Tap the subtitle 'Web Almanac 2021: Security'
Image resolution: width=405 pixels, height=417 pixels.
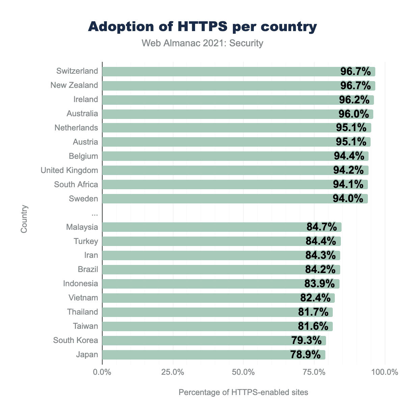pyautogui.click(x=202, y=43)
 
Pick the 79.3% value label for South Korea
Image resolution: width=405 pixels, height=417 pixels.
pyautogui.click(x=306, y=341)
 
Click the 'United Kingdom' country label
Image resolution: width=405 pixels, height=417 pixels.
pyautogui.click(x=69, y=170)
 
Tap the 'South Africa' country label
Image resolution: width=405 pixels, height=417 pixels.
pyautogui.click(x=76, y=185)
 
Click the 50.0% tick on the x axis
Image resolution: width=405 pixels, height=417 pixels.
pyautogui.click(x=243, y=372)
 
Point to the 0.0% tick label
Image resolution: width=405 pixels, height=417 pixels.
pyautogui.click(x=102, y=372)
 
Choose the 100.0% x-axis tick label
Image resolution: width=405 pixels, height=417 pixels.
pyautogui.click(x=384, y=372)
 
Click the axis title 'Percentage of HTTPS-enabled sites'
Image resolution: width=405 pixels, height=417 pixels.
pyautogui.click(x=243, y=392)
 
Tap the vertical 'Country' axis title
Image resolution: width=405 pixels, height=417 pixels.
pyautogui.click(x=24, y=219)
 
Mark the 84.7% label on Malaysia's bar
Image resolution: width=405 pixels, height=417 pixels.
pyautogui.click(x=322, y=227)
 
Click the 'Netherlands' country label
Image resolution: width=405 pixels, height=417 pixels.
pyautogui.click(x=76, y=128)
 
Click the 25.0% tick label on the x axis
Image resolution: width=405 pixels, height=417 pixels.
pyautogui.click(x=173, y=372)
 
